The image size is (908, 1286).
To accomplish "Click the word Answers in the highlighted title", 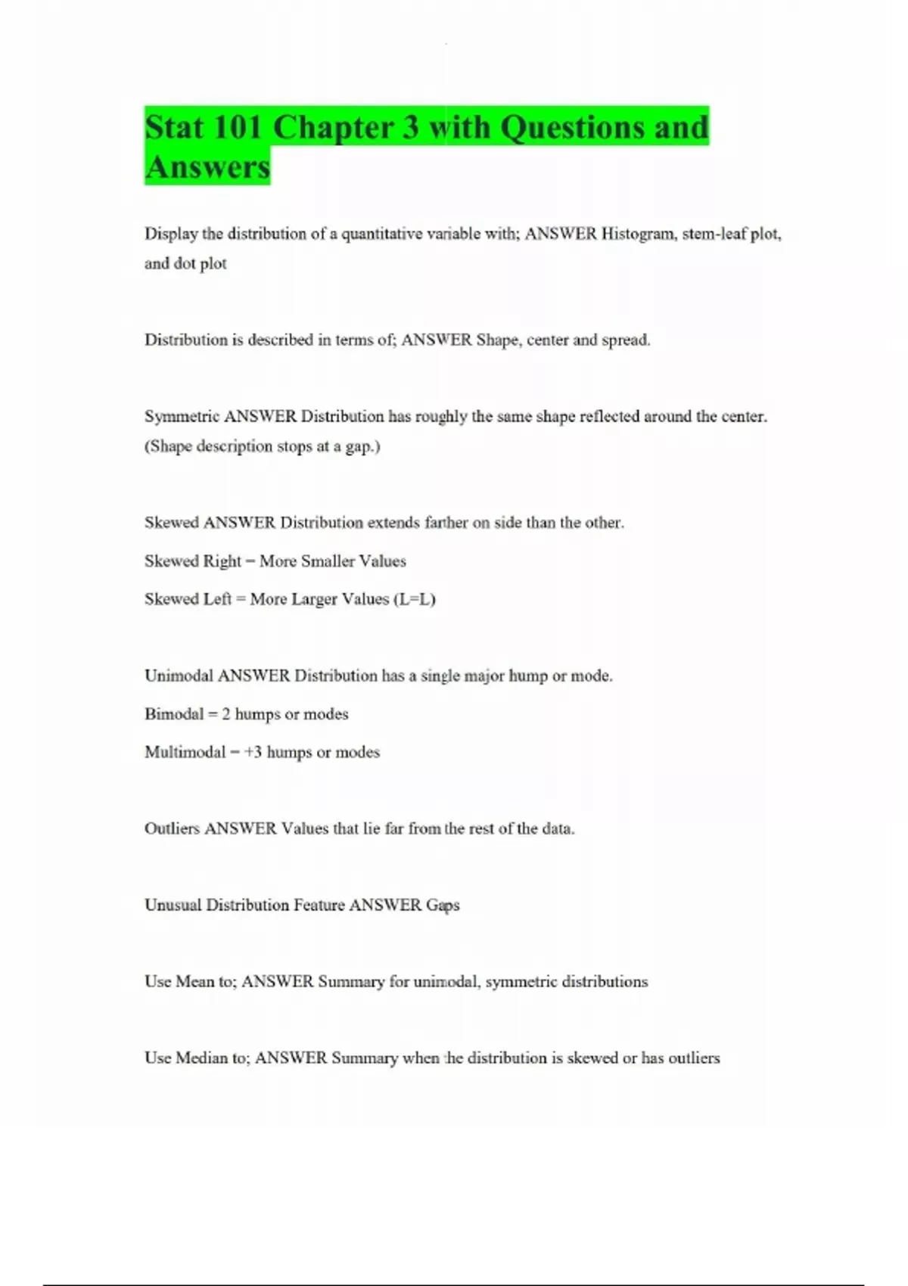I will coord(207,166).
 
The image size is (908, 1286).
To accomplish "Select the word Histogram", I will coord(639,234).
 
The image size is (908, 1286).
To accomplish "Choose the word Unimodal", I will coord(179,676).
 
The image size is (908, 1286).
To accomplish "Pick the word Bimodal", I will coord(174,714).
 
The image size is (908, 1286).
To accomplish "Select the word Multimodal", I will coord(185,752).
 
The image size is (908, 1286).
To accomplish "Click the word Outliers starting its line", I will coord(172,828).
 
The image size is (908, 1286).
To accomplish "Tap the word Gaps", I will coord(443,905).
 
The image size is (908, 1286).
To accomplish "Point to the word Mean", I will coord(194,982).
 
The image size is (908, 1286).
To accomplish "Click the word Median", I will coord(202,1058).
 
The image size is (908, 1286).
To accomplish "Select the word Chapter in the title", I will coord(336,127).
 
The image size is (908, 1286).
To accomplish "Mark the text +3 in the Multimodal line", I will coord(253,752).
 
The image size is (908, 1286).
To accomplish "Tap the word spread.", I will coord(625,340).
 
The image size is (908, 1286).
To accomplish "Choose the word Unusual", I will coord(173,905).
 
